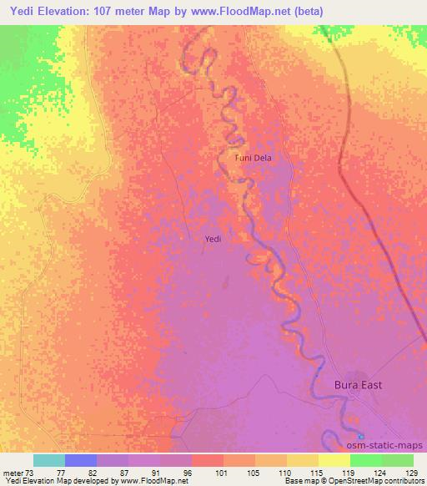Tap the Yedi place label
[x=213, y=240]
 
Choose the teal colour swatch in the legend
[x=49, y=460]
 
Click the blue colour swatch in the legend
[x=81, y=460]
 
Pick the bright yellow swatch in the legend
[x=334, y=460]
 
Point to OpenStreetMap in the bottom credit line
[x=331, y=481]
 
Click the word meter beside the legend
[x=13, y=472]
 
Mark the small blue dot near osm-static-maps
[x=361, y=437]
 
